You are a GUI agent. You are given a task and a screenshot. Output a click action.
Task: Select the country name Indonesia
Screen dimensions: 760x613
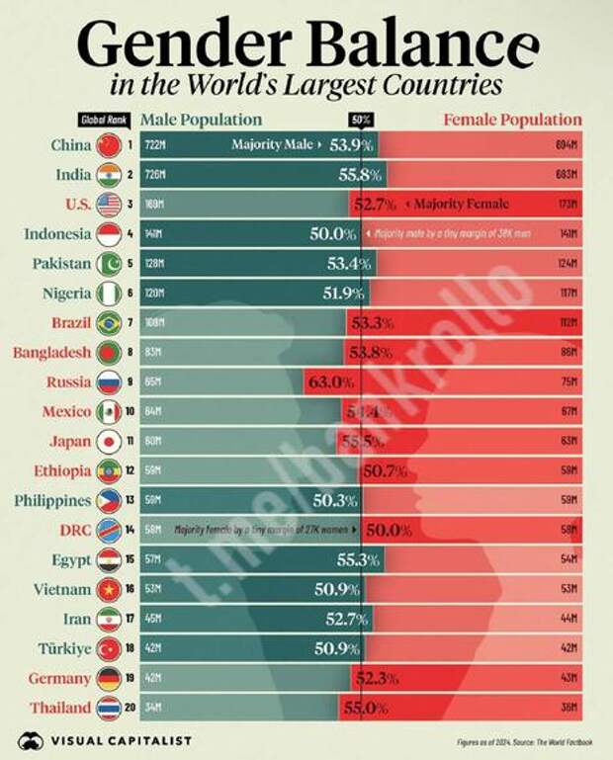point(56,234)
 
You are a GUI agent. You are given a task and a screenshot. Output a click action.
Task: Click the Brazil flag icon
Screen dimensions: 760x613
point(109,323)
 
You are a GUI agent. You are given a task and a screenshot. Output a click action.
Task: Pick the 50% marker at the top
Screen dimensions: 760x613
point(362,120)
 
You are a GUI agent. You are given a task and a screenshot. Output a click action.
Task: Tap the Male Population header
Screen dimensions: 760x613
point(201,120)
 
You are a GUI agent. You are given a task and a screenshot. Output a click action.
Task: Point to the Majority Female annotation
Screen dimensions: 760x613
point(461,205)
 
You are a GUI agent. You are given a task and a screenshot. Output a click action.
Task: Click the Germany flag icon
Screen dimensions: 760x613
point(109,678)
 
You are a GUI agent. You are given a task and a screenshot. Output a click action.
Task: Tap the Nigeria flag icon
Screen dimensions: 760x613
point(109,294)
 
